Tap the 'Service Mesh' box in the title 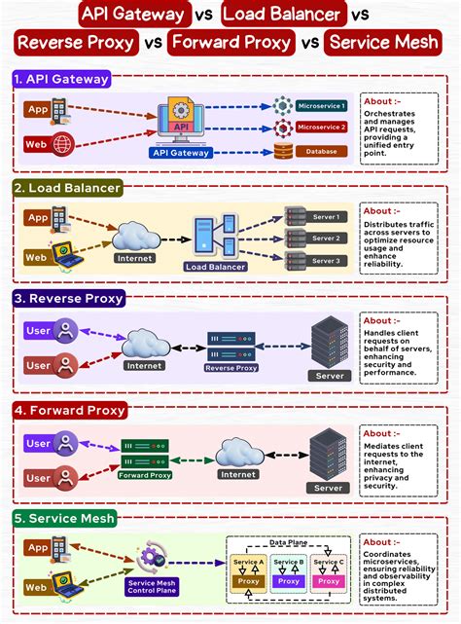pyautogui.click(x=380, y=43)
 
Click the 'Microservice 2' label pyautogui.click(x=321, y=128)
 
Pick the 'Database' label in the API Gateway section pyautogui.click(x=321, y=151)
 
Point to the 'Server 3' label pyautogui.click(x=326, y=261)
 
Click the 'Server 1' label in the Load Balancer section pyautogui.click(x=326, y=216)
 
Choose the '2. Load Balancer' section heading pyautogui.click(x=67, y=188)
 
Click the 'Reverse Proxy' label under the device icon pyautogui.click(x=230, y=369)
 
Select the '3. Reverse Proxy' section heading pyautogui.click(x=68, y=299)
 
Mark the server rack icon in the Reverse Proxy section pyautogui.click(x=328, y=342)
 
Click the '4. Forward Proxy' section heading pyautogui.click(x=69, y=410)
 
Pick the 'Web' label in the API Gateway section pyautogui.click(x=35, y=145)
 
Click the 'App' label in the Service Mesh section pyautogui.click(x=37, y=548)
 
